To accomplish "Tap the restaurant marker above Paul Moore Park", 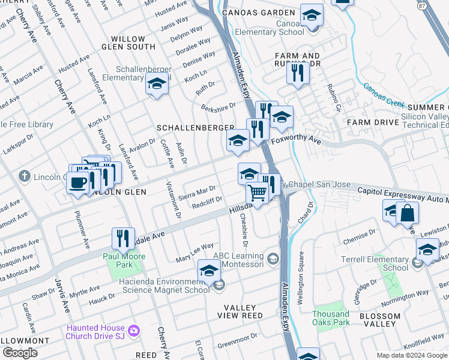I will click(x=124, y=238).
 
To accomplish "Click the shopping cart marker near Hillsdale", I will click(x=258, y=193).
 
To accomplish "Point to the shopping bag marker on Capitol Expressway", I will click(x=407, y=213).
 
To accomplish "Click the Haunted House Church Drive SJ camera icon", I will click(x=133, y=331).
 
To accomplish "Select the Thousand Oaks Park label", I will click(x=331, y=318).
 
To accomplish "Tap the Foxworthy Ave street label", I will click(x=296, y=140).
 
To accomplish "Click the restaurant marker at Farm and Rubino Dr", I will click(x=298, y=73).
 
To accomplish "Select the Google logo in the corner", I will click(x=20, y=353).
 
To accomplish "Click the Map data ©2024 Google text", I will click(x=411, y=355).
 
